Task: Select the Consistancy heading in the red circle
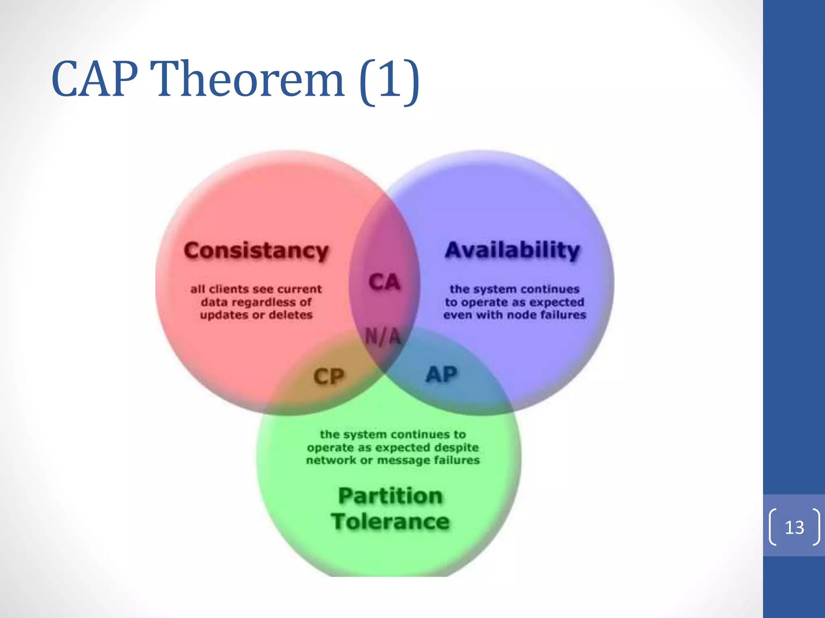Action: coord(256,251)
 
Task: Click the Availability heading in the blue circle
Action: coord(512,250)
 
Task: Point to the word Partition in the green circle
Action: coord(390,496)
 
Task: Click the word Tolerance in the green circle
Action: coord(390,521)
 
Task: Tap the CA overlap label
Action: coord(384,282)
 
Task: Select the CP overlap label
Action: coord(329,377)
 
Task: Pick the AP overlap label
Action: coord(442,375)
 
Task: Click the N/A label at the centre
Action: coord(383,336)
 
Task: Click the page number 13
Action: coord(794,527)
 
